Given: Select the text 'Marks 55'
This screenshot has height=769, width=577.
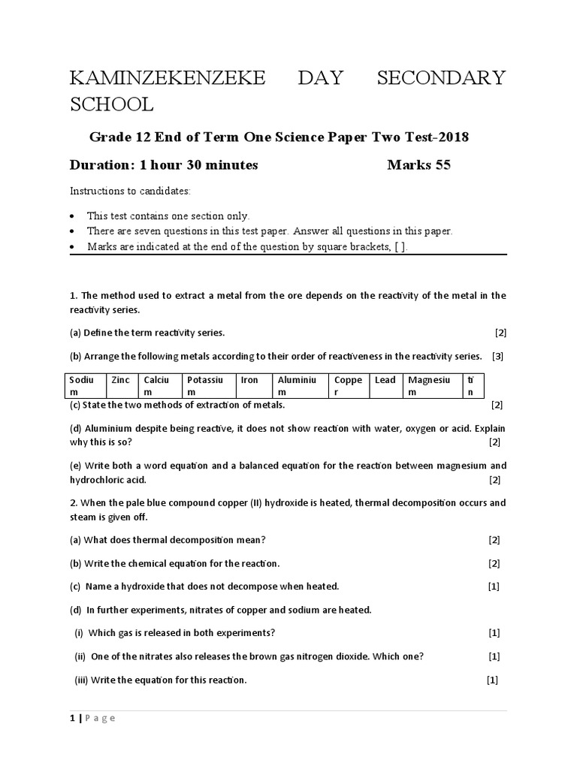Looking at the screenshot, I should [418, 165].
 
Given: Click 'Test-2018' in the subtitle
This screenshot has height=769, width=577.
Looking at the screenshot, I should [438, 137].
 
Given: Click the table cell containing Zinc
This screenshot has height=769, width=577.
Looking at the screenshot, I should [122, 385].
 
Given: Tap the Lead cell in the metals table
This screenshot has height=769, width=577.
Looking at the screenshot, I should [385, 385].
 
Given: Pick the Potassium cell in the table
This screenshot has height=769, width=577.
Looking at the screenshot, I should [208, 385].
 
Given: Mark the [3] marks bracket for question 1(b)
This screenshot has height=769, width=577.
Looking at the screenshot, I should [497, 356].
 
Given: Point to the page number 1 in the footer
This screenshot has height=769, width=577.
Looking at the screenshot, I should [72, 718].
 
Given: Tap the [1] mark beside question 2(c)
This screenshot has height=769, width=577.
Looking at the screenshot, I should [494, 586].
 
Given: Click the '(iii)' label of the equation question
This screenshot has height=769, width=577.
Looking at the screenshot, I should [81, 680].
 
